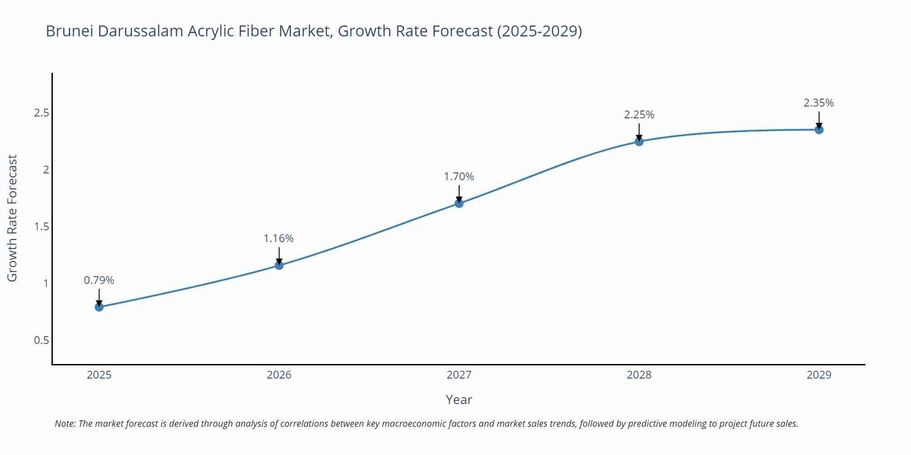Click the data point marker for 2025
(99, 307)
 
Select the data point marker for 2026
(279, 265)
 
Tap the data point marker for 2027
(459, 203)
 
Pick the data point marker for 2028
(639, 142)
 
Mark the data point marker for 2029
(819, 130)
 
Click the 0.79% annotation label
(99, 280)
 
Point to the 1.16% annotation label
(279, 238)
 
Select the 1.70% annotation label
(459, 177)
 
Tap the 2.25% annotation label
(639, 115)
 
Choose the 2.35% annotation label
(819, 103)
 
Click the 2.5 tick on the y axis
(41, 113)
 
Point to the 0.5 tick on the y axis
(41, 340)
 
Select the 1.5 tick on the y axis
(41, 227)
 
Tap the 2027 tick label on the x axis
(459, 375)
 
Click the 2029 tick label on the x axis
(819, 375)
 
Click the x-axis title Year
(459, 399)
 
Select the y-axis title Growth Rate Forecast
(12, 218)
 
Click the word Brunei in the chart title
(70, 31)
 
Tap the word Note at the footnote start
(65, 424)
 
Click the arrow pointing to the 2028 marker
(639, 132)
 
